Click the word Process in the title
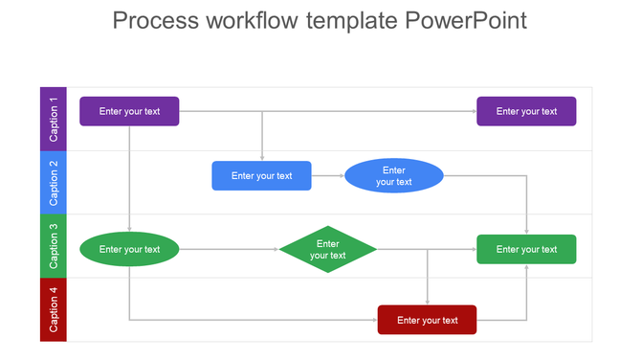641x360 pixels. click(154, 21)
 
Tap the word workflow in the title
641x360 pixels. click(253, 21)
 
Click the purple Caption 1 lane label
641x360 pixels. click(54, 119)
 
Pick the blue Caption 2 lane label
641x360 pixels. click(54, 182)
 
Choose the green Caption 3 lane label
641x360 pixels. click(54, 246)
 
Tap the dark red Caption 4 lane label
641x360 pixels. click(54, 309)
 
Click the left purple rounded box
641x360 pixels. click(129, 111)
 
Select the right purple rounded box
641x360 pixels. click(526, 111)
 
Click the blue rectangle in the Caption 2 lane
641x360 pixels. click(261, 176)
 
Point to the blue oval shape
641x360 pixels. click(393, 176)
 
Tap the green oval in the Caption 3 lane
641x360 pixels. click(129, 250)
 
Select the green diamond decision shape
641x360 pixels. click(327, 250)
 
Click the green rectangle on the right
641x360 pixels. click(526, 250)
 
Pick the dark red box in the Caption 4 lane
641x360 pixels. click(427, 320)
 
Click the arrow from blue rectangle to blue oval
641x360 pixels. click(327, 176)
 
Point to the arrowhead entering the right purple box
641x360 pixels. click(473, 111)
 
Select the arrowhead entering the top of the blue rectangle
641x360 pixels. click(261, 157)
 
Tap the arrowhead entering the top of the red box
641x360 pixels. click(427, 302)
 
